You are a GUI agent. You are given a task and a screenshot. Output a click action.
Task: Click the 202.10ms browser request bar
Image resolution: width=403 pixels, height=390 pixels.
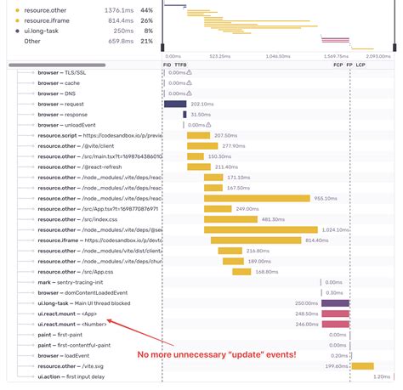tap(174, 104)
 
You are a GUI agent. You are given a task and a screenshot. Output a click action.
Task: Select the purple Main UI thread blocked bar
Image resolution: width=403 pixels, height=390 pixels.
tap(335, 302)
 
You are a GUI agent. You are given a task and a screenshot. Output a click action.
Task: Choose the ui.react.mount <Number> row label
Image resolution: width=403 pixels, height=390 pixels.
tap(72, 323)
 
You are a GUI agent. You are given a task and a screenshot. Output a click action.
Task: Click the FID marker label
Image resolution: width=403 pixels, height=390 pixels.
tap(167, 65)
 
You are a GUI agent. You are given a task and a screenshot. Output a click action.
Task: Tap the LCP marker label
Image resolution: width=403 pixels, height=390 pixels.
tap(360, 65)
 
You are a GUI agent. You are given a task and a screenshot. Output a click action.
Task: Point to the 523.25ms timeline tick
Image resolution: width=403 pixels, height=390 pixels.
tap(219, 55)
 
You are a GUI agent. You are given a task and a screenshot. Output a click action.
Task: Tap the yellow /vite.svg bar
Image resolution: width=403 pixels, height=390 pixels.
tap(363, 365)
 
